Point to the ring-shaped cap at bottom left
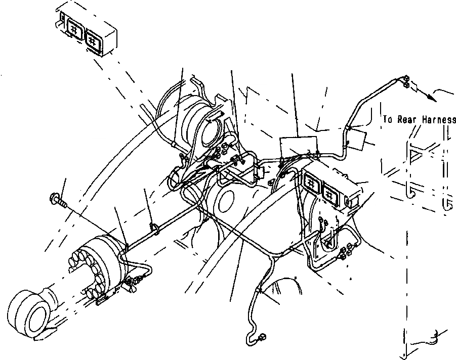[30, 310]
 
